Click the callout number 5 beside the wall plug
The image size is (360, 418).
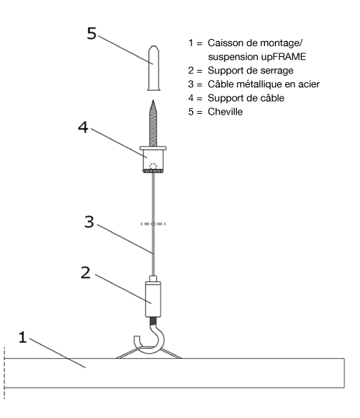point(91,34)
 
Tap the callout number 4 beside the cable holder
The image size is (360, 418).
point(83,127)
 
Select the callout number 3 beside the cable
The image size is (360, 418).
point(89,222)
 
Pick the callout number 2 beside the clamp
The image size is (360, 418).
point(86,272)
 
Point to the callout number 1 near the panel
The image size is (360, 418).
point(23,337)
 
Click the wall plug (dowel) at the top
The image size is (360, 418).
point(153,68)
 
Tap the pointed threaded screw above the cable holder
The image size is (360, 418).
point(153,123)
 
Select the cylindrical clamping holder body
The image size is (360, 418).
point(153,299)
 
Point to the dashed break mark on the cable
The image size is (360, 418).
point(153,224)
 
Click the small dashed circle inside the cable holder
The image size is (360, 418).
point(153,166)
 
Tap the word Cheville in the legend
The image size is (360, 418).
point(225,112)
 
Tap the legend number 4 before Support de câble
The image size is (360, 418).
point(191,98)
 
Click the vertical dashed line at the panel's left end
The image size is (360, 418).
point(4,373)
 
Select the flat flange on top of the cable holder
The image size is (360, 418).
point(153,148)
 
